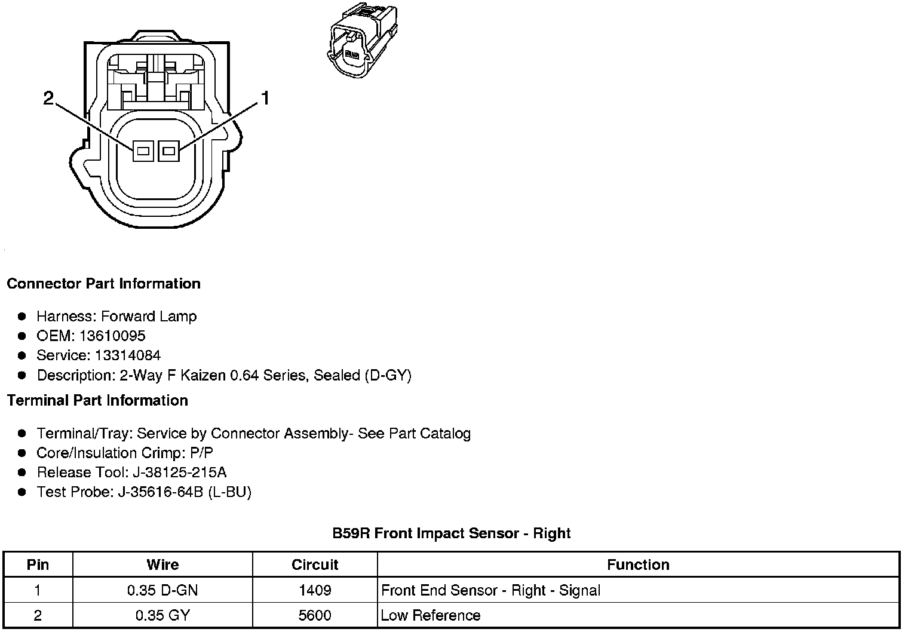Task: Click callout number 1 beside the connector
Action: pos(265,99)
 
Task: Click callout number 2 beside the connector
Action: pos(48,98)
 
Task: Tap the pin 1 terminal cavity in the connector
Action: pos(168,151)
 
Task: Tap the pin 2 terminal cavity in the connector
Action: pos(142,151)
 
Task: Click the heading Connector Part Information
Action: pos(103,284)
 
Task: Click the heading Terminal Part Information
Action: pos(97,401)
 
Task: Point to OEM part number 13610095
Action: pos(112,336)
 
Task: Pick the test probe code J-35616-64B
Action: pos(161,492)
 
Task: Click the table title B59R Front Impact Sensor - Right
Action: pos(451,533)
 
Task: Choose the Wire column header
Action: pos(162,564)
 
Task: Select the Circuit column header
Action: pos(315,564)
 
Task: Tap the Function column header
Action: pos(638,564)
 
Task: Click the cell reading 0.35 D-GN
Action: pos(162,590)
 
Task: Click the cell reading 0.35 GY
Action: pos(162,615)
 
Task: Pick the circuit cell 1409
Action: pos(315,590)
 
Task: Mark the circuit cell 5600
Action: pos(315,615)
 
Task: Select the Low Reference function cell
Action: pos(430,615)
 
